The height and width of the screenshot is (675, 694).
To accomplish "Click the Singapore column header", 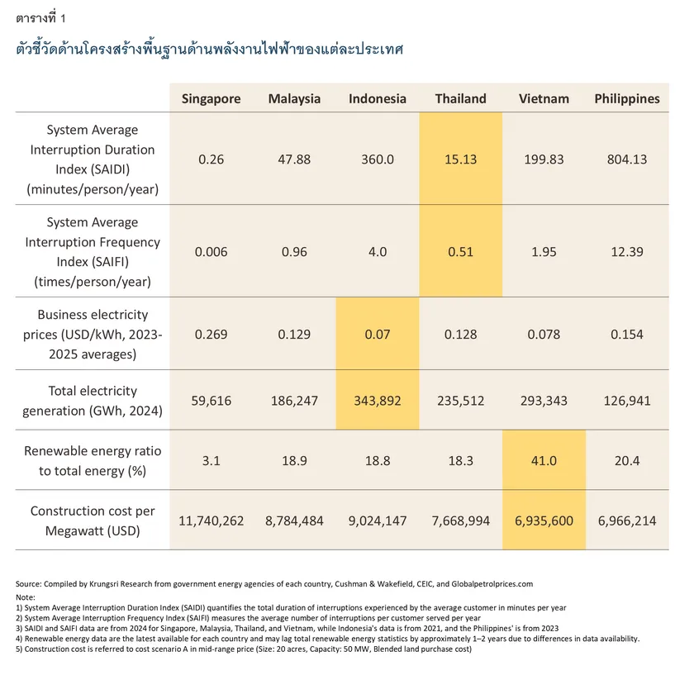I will point(212,98).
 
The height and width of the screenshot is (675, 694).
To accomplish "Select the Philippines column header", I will point(627,98).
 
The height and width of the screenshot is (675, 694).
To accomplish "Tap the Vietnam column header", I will point(544,98).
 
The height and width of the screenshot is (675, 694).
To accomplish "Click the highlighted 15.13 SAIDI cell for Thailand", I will point(460,159).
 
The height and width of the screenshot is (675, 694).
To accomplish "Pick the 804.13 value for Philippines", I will point(627,159).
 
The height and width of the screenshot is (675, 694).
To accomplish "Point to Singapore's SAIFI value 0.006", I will point(212,252).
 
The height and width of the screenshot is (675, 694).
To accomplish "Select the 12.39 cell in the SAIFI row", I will point(627,252).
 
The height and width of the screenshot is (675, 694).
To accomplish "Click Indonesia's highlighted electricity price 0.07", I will point(378,335).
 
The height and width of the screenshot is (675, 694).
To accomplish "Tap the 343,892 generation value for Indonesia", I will point(378,401).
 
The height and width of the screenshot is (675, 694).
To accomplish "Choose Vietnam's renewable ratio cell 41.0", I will point(544,460).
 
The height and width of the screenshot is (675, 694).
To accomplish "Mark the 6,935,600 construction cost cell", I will point(544,521).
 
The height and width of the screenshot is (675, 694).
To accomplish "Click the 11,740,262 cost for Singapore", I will point(212,521).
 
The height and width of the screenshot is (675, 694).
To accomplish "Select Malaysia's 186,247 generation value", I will point(295,401).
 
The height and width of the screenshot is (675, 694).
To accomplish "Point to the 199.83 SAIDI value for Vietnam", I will point(544,159).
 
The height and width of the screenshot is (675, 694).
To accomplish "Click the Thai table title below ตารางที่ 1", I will point(210,48).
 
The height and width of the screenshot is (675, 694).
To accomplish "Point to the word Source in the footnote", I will point(30,583).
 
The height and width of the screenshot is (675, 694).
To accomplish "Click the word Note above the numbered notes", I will point(26,596).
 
